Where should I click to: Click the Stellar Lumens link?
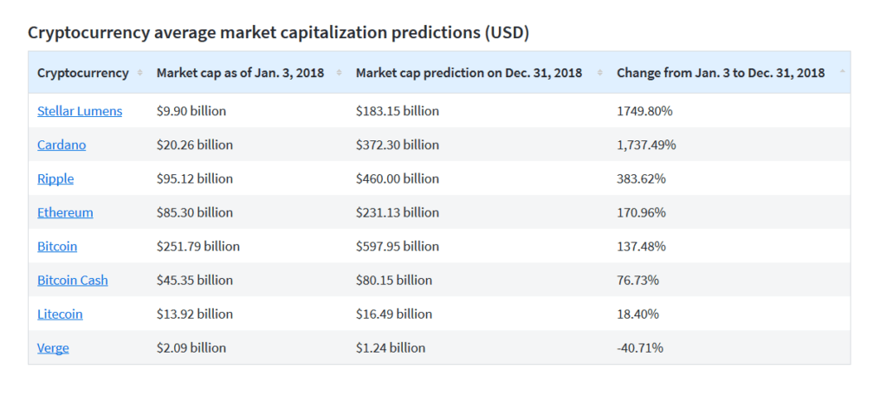[80, 111]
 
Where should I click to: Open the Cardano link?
[62, 145]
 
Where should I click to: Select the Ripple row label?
[55, 178]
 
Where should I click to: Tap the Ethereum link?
[65, 212]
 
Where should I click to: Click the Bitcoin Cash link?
[73, 280]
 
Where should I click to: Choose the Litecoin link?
[60, 314]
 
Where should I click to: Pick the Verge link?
[53, 347]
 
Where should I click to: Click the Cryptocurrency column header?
[83, 73]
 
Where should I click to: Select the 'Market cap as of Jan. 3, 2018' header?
[240, 73]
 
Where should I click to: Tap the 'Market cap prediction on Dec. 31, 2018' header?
[469, 73]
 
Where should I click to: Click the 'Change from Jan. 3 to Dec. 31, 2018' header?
[721, 73]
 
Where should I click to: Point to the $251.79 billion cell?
[198, 246]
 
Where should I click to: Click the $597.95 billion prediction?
[398, 246]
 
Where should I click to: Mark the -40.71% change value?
[640, 347]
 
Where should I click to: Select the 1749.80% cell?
[644, 111]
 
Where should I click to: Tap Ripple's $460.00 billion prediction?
[398, 178]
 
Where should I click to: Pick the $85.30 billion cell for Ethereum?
[195, 212]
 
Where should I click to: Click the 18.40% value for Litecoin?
[638, 314]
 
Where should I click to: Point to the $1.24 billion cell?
[391, 347]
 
